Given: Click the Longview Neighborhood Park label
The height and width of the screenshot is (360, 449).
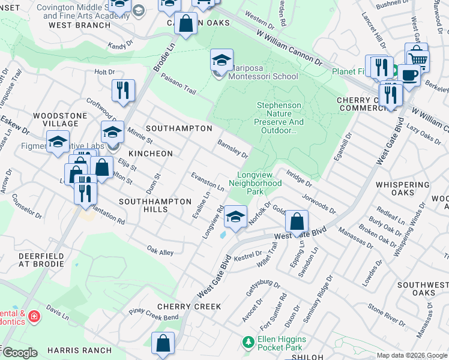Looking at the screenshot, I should point(255,183).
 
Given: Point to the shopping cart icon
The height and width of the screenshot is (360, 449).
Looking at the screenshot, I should point(418,59).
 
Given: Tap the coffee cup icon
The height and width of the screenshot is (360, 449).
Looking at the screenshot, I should point(410,74).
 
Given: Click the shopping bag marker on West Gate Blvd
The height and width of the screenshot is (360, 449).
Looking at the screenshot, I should point(297,221).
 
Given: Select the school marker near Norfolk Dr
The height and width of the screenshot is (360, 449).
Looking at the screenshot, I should point(236,216).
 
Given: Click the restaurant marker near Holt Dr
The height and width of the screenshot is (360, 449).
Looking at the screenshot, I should point(123,91).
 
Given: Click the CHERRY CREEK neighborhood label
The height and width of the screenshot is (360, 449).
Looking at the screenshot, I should point(189,306).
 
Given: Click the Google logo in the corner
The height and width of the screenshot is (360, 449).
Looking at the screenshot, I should point(20,352).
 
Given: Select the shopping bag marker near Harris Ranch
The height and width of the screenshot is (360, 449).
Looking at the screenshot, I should point(163,344).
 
